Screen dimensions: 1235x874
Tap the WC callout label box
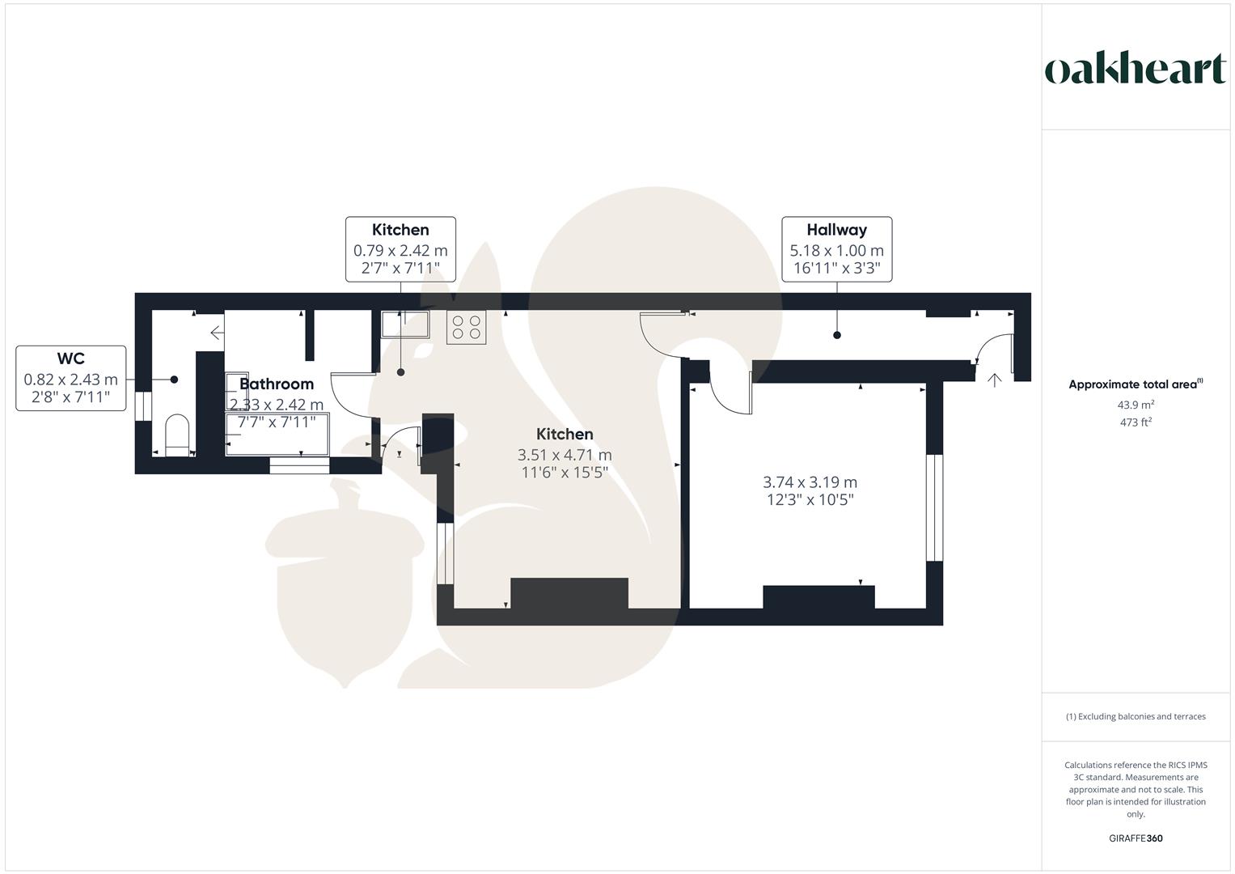pos(71,379)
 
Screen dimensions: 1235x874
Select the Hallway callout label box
pos(837,249)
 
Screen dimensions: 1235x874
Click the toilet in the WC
pos(177,435)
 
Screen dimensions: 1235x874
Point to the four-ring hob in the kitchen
pos(467,327)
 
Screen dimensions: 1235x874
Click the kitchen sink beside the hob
pos(405,324)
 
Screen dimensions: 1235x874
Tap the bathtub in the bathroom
pos(277,435)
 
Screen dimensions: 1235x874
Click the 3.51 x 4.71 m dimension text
pos(565,455)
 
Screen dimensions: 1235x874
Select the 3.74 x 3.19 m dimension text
pos(810,482)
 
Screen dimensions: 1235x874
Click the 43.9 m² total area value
pos(1136,405)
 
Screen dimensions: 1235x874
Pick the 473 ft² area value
pos(1136,422)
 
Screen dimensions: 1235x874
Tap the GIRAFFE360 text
pos(1136,838)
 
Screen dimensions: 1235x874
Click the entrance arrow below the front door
pos(994,380)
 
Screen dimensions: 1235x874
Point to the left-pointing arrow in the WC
pos(218,333)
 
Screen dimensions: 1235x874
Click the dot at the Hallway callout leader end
pos(837,335)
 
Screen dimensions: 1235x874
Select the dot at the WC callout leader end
pos(174,380)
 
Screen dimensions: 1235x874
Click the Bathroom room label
pos(277,384)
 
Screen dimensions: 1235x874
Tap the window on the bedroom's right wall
pos(934,507)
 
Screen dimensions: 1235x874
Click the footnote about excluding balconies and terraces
pos(1136,716)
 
